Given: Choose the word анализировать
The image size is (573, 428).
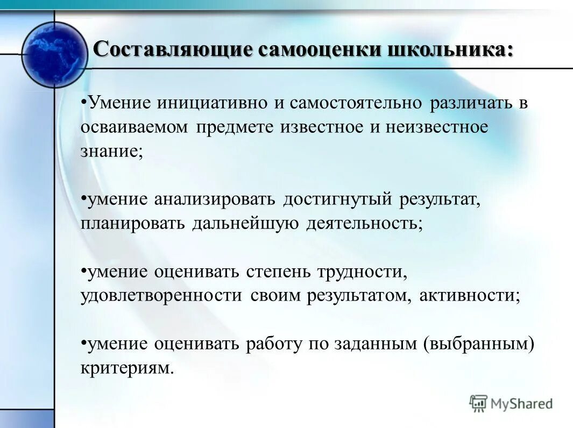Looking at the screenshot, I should [x=215, y=199].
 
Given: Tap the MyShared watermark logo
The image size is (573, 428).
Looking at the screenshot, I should [x=511, y=403].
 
